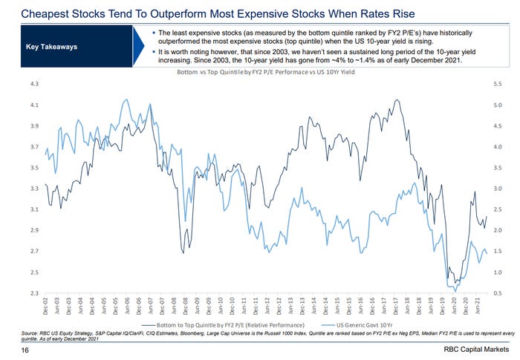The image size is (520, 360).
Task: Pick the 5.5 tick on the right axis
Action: point(497,85)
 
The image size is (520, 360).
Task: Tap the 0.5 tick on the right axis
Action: point(497,294)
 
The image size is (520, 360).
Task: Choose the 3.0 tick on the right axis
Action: point(497,189)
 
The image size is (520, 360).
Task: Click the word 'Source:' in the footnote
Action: point(31,333)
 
